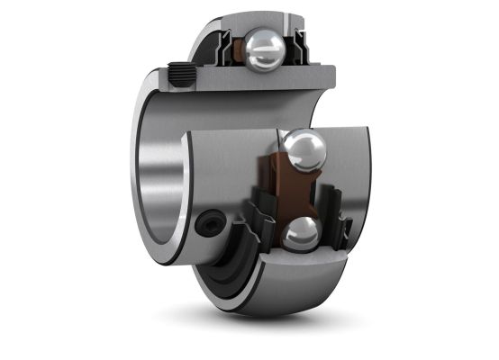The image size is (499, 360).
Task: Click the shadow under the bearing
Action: (270, 319)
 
